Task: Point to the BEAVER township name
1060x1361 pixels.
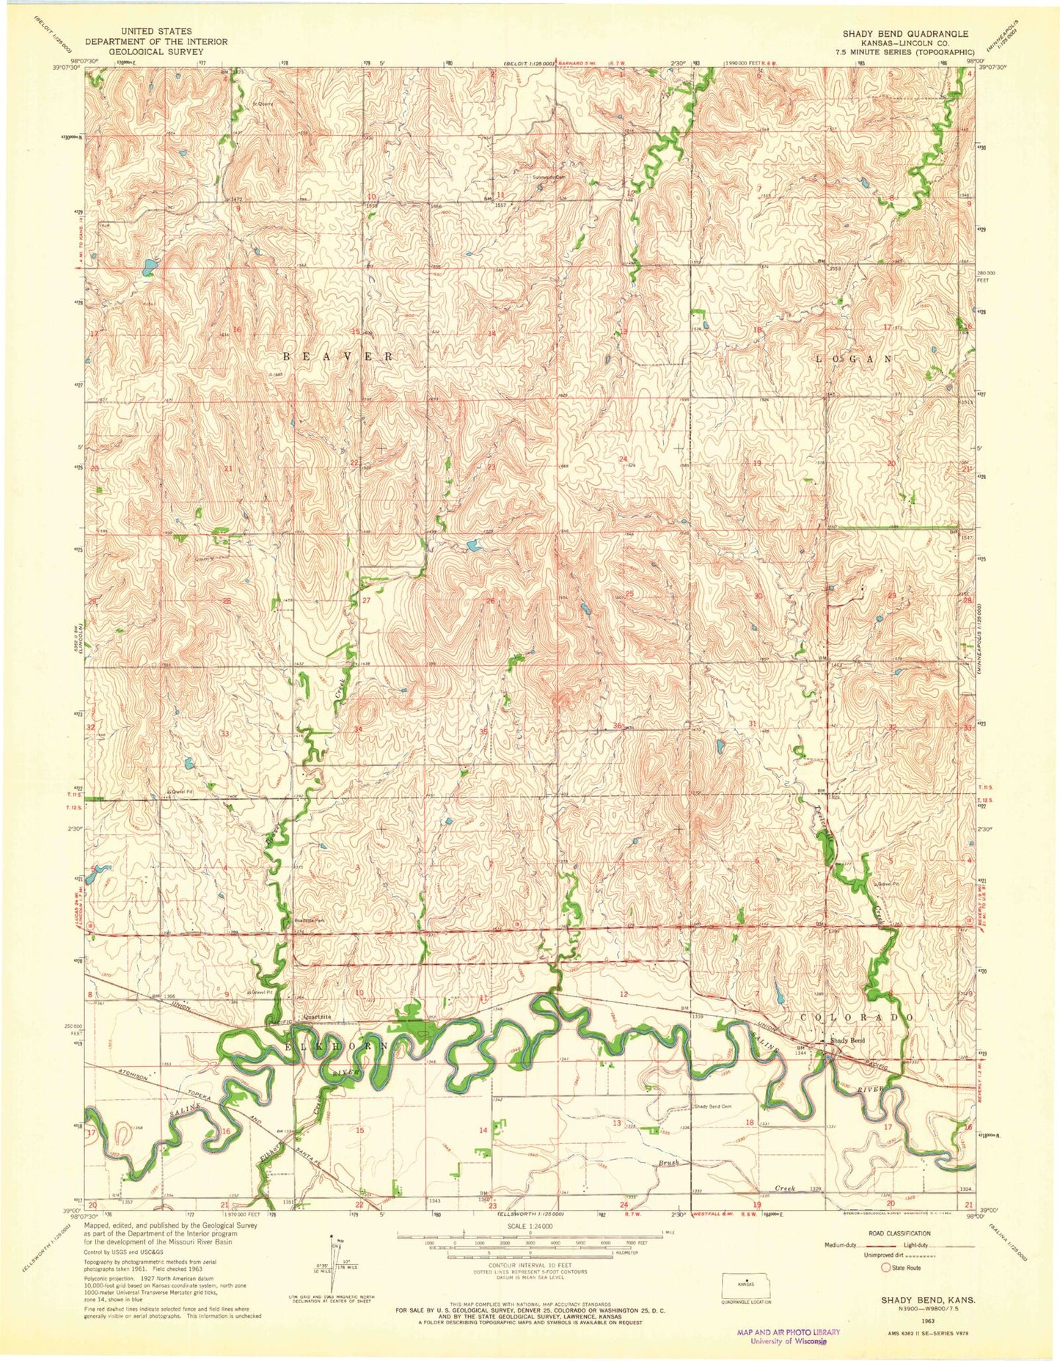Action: [x=338, y=356]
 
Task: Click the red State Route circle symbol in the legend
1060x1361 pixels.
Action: [x=886, y=1267]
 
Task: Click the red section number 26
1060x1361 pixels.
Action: [x=489, y=601]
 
